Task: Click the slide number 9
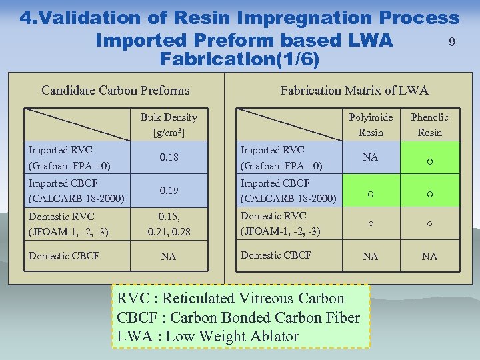point(452,43)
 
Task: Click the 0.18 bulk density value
point(169,157)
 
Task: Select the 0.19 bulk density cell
point(169,191)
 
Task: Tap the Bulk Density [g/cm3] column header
point(169,125)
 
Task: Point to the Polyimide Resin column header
point(371,125)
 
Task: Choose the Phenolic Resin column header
point(429,125)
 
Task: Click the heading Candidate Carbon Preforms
point(115,91)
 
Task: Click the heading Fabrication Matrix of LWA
point(354,91)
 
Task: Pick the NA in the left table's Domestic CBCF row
point(169,256)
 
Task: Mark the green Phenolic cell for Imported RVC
point(430,158)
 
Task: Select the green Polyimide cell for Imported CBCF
point(371,191)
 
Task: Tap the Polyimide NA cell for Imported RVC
point(371,157)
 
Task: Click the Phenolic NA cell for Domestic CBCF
point(429,256)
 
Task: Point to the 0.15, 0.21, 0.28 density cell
point(169,223)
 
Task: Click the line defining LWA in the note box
point(207,336)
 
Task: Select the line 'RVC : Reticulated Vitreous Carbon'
point(230,299)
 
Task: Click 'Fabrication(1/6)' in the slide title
point(240,59)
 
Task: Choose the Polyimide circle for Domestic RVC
point(371,223)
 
